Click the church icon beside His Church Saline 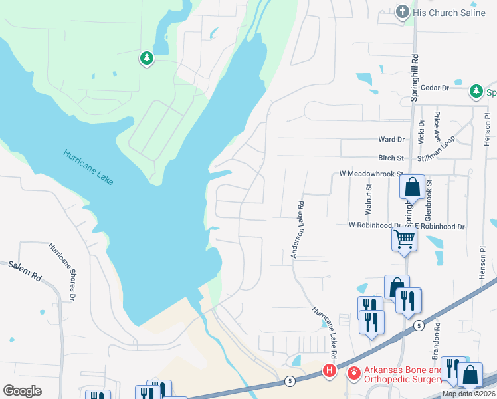tap(402, 12)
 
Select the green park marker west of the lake tap(146, 59)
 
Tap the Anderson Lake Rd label tap(296, 230)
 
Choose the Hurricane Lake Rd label tap(326, 329)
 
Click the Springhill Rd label tap(415, 73)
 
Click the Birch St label tap(391, 158)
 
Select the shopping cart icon tap(405, 239)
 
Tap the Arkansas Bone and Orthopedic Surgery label tap(403, 375)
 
